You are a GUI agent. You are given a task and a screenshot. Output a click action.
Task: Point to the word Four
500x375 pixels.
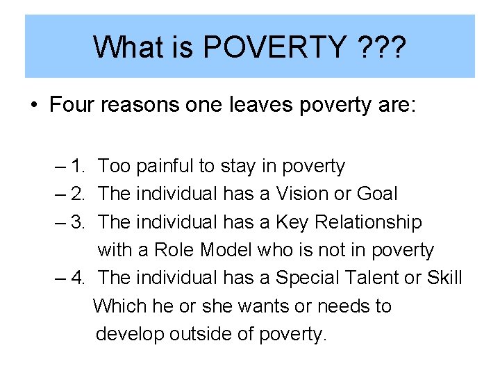pos(72,106)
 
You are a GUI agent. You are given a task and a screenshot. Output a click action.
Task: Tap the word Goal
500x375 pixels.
pos(376,194)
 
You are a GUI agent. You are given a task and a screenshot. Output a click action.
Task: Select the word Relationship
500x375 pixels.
pos(368,222)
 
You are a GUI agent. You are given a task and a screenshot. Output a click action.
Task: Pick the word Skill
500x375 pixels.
pos(444,278)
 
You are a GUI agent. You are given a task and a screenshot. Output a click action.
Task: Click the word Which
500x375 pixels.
pos(119,306)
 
